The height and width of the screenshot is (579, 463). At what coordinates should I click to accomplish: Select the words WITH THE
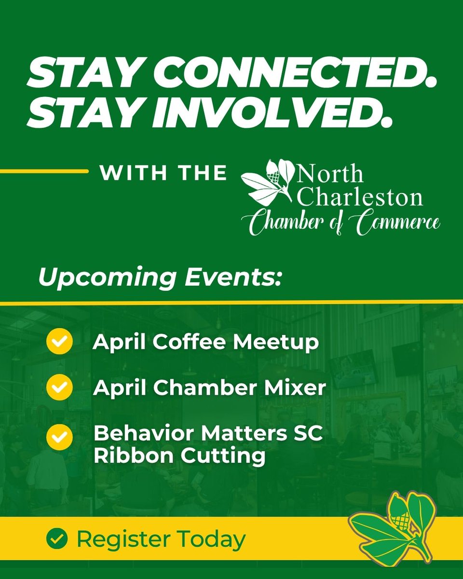point(163,173)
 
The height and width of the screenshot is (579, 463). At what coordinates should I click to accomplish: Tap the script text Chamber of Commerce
point(340,223)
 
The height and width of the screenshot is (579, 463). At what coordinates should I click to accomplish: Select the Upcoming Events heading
point(159,278)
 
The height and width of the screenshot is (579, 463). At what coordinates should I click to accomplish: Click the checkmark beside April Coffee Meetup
point(59,342)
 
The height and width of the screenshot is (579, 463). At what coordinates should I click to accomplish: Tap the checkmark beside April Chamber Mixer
point(59,387)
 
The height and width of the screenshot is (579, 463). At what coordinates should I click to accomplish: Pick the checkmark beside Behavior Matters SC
point(59,437)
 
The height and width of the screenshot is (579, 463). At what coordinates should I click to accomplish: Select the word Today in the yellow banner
point(217,539)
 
